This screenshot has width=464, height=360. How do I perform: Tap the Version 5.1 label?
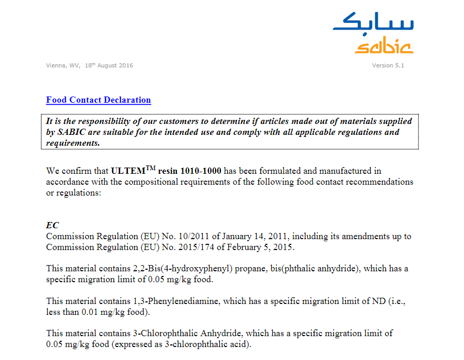pos(388,65)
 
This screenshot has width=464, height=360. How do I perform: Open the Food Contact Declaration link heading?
pos(99,100)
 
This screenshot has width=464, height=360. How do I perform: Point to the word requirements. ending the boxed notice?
pos(73,143)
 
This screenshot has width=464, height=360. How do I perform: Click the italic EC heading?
pos(52,225)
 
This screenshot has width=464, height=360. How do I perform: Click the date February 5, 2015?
pos(263,247)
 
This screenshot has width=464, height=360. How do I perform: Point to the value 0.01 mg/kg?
pos(105,312)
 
